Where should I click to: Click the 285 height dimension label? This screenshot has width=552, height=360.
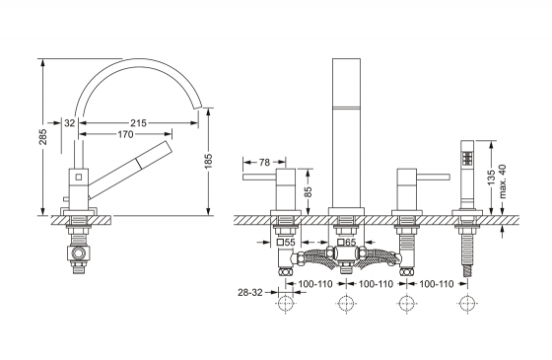pyautogui.click(x=43, y=137)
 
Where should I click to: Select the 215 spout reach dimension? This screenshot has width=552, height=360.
pyautogui.click(x=138, y=123)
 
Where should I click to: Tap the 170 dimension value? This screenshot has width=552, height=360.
pyautogui.click(x=125, y=134)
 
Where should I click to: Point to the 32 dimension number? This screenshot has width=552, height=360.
pyautogui.click(x=70, y=123)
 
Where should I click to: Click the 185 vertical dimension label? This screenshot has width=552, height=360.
pyautogui.click(x=209, y=161)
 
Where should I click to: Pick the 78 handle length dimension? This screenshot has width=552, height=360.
pyautogui.click(x=264, y=162)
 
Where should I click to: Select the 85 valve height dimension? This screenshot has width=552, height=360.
pyautogui.click(x=308, y=191)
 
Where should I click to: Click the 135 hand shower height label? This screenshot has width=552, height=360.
pyautogui.click(x=492, y=178)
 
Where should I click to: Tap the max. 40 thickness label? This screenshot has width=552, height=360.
pyautogui.click(x=503, y=181)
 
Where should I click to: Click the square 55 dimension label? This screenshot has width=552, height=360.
pyautogui.click(x=286, y=242)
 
